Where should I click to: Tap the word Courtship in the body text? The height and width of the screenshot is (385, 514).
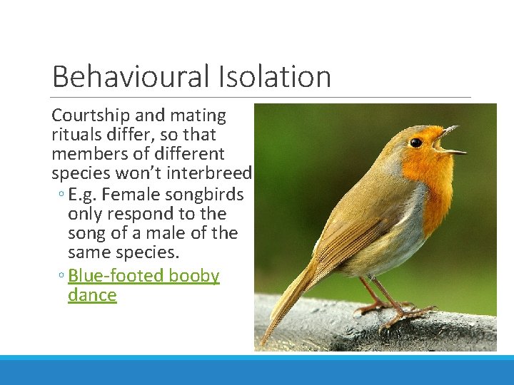pos(87,115)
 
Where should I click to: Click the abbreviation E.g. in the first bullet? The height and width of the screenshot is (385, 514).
pos(84,194)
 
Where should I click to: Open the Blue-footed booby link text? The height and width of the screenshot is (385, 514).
pos(143,275)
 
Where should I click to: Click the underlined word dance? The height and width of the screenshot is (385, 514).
pos(91,294)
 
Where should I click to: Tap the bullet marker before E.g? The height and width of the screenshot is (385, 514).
pos(62,195)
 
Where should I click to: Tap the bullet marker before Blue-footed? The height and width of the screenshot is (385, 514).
pos(62,277)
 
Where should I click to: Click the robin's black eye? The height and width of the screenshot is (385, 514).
pos(415,143)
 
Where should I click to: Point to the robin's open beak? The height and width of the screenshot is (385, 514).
pos(450,141)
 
